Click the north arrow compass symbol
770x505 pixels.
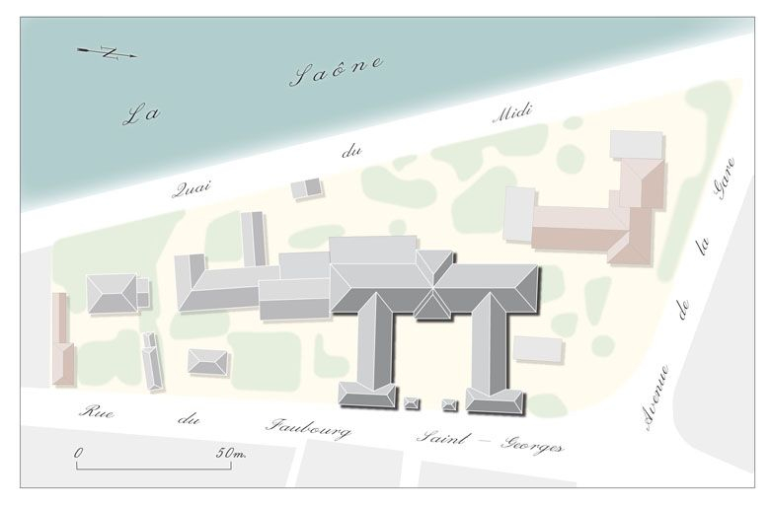coord(108,52)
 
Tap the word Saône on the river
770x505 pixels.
coord(336,72)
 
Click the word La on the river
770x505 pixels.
coord(142,113)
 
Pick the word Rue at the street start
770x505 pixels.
coord(96,411)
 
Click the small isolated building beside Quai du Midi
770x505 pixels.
coord(308,188)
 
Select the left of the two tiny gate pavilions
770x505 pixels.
coord(412,401)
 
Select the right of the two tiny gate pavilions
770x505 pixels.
coord(450,403)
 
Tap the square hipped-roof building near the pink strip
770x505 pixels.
coord(112,294)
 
